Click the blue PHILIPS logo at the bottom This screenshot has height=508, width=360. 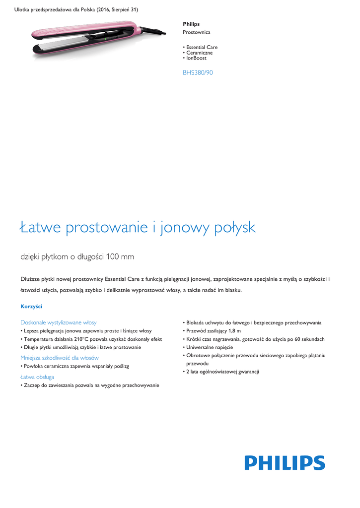[285, 463]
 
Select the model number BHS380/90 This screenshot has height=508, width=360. [198, 73]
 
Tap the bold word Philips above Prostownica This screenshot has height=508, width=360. [191, 24]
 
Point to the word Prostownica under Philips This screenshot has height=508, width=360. [196, 32]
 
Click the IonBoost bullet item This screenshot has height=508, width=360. [196, 58]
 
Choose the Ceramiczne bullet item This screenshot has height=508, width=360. [199, 53]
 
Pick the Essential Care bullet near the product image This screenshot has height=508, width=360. [202, 47]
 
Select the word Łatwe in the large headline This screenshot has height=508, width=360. [41, 228]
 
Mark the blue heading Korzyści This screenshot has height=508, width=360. [31, 306]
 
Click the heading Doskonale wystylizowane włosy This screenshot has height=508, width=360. [59, 322]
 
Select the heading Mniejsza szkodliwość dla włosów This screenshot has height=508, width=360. [60, 358]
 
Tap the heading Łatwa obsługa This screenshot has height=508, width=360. [37, 377]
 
